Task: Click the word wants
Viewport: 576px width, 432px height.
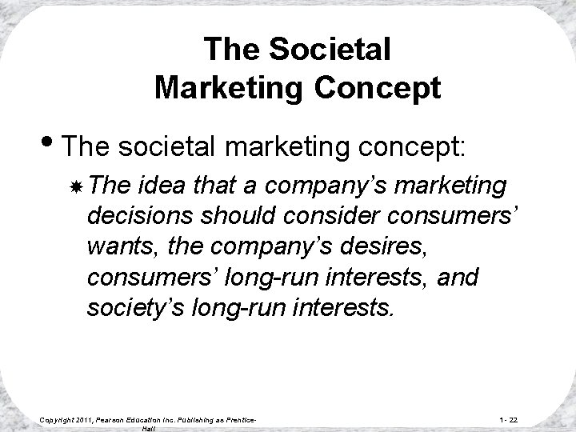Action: pos(117,246)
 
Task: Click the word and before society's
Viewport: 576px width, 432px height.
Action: pos(460,277)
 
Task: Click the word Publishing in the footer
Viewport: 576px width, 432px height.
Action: pos(199,419)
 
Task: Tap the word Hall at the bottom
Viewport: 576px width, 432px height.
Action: pos(148,429)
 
